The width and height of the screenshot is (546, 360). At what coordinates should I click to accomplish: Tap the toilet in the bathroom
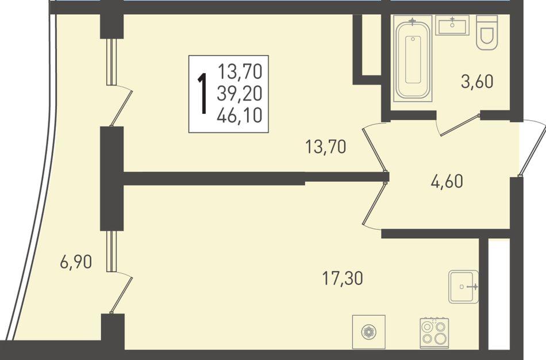(487, 33)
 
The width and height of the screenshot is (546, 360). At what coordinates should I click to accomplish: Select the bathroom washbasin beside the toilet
(452, 25)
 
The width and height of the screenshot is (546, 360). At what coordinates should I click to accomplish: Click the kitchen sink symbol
(463, 286)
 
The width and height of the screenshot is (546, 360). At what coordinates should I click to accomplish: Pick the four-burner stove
(434, 333)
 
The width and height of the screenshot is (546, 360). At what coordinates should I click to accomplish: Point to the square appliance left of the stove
(369, 332)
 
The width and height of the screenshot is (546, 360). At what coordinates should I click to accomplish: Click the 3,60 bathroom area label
(478, 82)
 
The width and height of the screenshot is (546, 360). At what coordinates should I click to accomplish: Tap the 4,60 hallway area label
(447, 182)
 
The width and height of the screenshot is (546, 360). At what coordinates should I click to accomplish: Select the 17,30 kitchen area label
(343, 278)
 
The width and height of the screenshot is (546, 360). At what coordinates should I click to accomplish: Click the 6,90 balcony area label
(76, 262)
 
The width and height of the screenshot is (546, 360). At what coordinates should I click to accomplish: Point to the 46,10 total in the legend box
(239, 116)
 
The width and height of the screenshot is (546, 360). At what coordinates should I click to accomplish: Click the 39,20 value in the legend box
(239, 93)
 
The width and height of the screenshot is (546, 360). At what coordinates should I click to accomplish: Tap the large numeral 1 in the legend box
(202, 94)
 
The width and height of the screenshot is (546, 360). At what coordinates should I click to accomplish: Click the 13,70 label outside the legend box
(325, 147)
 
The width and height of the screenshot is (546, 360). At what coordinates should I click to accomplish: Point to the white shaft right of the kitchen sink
(498, 293)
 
